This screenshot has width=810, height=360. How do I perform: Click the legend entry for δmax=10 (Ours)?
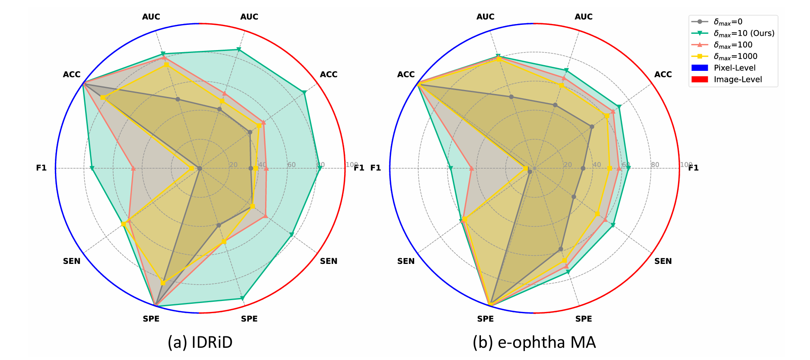pyautogui.click(x=744, y=33)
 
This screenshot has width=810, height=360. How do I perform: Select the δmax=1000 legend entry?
pyautogui.click(x=735, y=56)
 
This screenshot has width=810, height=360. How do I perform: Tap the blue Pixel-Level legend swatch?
pyautogui.click(x=700, y=68)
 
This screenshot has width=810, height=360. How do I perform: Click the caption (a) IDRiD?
pyautogui.click(x=200, y=342)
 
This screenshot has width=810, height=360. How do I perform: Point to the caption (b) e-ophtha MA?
pyautogui.click(x=534, y=342)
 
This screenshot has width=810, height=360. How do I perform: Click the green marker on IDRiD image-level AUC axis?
pyautogui.click(x=239, y=50)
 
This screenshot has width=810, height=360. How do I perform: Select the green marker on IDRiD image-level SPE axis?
pyautogui.click(x=242, y=299)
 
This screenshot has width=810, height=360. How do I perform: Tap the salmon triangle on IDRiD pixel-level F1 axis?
pyautogui.click(x=133, y=168)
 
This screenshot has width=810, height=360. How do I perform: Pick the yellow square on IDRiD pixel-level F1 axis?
pyautogui.click(x=191, y=168)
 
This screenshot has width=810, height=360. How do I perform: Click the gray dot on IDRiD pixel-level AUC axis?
pyautogui.click(x=178, y=99)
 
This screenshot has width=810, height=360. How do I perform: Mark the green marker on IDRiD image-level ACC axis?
pyautogui.click(x=304, y=93)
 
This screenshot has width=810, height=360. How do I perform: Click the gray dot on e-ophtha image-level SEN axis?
pyautogui.click(x=574, y=197)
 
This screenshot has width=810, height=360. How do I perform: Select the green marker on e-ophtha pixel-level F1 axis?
pyautogui.click(x=450, y=168)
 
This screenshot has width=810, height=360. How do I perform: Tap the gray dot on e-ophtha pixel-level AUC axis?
pyautogui.click(x=511, y=97)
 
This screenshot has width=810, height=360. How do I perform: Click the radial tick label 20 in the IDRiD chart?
pyautogui.click(x=233, y=165)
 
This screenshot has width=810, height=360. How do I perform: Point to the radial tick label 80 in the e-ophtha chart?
pyautogui.click(x=655, y=165)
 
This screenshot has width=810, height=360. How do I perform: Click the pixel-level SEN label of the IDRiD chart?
pyautogui.click(x=72, y=261)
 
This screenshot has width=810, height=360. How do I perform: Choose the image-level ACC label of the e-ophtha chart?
pyautogui.click(x=663, y=75)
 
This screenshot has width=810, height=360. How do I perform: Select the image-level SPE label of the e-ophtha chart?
pyautogui.click(x=584, y=319)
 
